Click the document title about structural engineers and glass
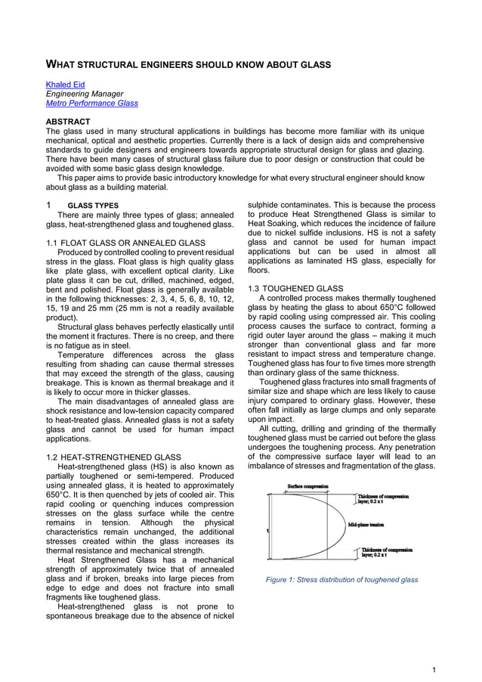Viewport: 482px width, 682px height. point(189,65)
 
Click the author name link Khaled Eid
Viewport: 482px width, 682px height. point(66,84)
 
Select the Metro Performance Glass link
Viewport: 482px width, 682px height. point(92,103)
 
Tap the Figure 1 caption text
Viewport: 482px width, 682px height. point(341,580)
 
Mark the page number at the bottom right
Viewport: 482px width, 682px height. point(434,670)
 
